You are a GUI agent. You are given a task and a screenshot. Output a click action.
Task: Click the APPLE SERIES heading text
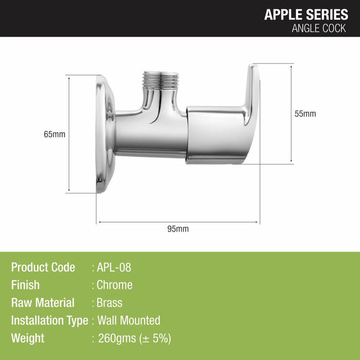[x=306, y=14]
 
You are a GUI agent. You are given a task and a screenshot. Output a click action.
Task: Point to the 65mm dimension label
[x=55, y=134]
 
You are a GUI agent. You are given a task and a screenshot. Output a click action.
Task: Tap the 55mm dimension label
[x=305, y=114]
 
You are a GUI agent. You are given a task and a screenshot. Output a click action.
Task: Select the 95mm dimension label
[x=178, y=228]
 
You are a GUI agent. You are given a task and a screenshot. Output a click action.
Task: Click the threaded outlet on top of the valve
[x=160, y=80]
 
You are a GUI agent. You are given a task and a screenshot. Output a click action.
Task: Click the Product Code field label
[x=43, y=268]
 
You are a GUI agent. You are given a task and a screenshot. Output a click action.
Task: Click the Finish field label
[x=25, y=285]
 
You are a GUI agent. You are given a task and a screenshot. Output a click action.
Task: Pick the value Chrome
[x=114, y=285]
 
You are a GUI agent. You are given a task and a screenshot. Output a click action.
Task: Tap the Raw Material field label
[x=43, y=303]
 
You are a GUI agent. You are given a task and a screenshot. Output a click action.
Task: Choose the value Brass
[x=109, y=303]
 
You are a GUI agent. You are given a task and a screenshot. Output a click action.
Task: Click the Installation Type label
[x=50, y=320]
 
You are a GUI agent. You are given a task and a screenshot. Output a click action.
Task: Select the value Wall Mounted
[x=128, y=320]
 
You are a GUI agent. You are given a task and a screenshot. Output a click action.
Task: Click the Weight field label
[x=28, y=338]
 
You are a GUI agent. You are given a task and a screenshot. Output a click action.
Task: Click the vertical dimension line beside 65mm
[x=68, y=161]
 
